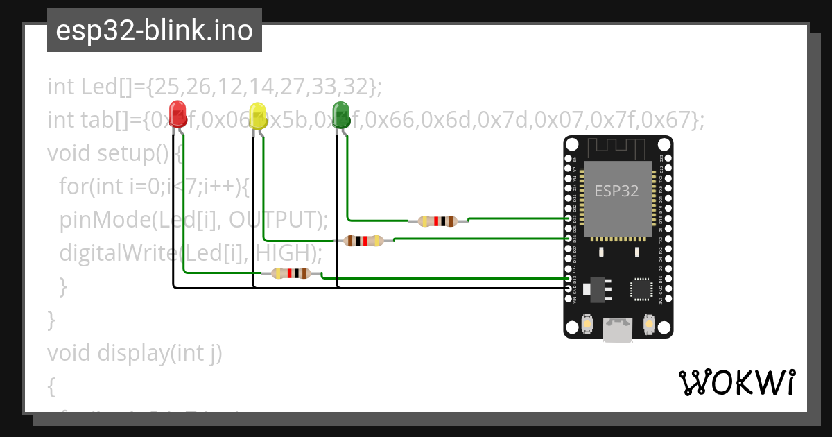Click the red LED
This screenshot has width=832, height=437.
(x=178, y=114)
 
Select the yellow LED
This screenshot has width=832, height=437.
(x=258, y=116)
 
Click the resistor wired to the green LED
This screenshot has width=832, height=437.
(x=437, y=221)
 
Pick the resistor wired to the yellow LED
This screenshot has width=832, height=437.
(x=363, y=241)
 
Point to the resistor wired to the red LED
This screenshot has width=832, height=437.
(x=291, y=273)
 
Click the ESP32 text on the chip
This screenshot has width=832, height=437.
(x=616, y=190)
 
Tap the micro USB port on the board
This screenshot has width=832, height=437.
(x=617, y=329)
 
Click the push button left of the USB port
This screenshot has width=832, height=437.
(x=587, y=323)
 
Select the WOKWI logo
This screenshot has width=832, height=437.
(x=736, y=382)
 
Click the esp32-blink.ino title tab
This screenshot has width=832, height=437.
(x=154, y=31)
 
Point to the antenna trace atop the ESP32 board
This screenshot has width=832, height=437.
(x=617, y=148)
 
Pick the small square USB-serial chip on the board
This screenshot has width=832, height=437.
(x=641, y=289)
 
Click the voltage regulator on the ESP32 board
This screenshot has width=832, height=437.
(x=596, y=289)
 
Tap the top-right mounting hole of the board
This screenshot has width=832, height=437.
(x=664, y=145)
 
